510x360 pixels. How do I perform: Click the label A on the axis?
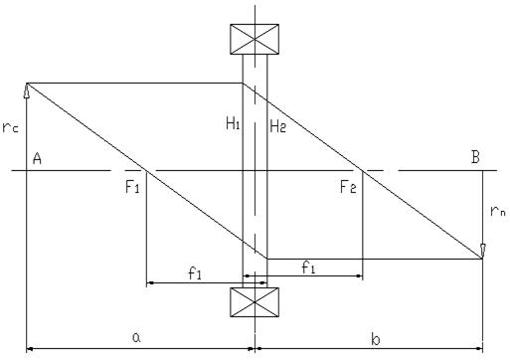point(37,158)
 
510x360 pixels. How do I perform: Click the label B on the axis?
point(475,157)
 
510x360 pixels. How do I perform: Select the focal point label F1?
point(132,187)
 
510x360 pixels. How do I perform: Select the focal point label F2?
point(348,187)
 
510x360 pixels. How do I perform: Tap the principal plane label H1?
point(233,124)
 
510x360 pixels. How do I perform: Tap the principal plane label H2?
point(277,126)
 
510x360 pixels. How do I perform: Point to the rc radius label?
point(10,127)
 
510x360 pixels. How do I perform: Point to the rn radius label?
point(498,211)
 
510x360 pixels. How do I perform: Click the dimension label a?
point(136,338)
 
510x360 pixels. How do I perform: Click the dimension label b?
point(376,339)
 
